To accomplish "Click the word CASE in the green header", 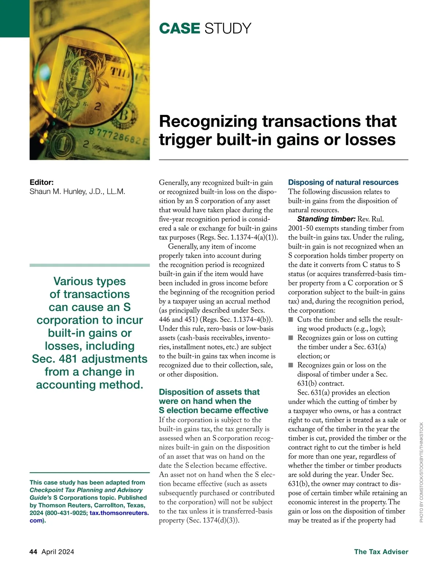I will pyautogui.click(x=180, y=28).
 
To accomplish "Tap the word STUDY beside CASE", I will pyautogui.click(x=228, y=28).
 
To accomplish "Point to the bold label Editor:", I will pyautogui.click(x=42, y=182).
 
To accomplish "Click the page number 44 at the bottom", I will pyautogui.click(x=33, y=552).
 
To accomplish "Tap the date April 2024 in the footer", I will pyautogui.click(x=58, y=552).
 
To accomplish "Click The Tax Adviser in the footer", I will pyautogui.click(x=381, y=552).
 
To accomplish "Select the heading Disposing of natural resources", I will pyautogui.click(x=343, y=182).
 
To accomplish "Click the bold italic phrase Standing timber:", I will pyautogui.click(x=326, y=219).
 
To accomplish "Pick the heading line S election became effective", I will pyautogui.click(x=214, y=410).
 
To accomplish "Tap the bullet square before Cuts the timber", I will pyautogui.click(x=291, y=320).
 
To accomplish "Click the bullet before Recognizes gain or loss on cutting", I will pyautogui.click(x=291, y=338).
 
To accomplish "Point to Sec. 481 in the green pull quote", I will pyautogui.click(x=55, y=359).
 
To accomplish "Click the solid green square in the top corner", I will pyautogui.click(x=15, y=18).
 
